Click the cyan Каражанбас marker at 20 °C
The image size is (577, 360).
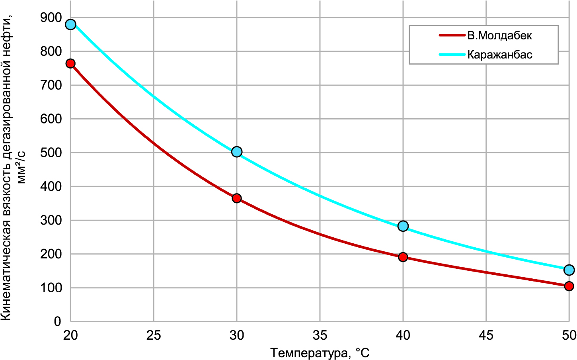70,25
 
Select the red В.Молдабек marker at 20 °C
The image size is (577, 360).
70,64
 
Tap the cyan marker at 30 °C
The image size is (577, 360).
237,152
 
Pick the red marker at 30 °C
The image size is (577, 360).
237,198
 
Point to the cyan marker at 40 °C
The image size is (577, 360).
403,226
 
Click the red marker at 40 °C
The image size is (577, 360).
403,257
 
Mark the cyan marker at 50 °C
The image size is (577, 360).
569,270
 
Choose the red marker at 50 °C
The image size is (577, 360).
569,286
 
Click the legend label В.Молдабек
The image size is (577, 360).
499,35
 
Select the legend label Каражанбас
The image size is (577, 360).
499,54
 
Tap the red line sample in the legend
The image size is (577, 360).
452,35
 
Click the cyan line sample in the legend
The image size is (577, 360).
452,54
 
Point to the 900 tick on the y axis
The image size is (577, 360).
51,18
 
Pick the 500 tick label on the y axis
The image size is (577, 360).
51,153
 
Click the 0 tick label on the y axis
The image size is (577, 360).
57,321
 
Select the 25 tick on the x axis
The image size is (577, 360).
154,335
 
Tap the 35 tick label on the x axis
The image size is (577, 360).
320,335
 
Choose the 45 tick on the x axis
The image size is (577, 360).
486,335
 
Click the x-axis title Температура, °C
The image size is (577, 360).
320,353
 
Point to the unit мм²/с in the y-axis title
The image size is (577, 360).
21,167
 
